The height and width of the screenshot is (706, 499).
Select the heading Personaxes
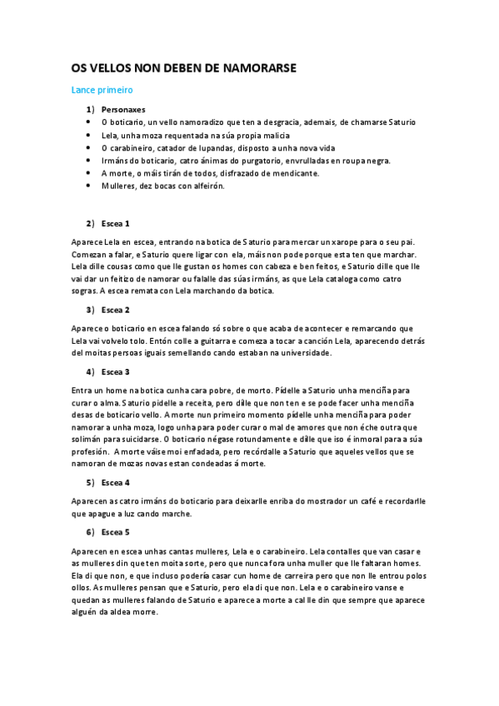[122, 109]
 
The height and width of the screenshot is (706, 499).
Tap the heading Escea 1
[115, 224]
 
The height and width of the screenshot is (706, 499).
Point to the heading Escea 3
[115, 371]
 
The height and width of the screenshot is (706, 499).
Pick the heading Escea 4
[115, 482]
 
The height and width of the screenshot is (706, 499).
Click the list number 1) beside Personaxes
[90, 109]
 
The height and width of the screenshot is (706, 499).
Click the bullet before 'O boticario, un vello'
[88, 122]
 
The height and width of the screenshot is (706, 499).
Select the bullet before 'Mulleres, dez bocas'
[88, 186]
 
